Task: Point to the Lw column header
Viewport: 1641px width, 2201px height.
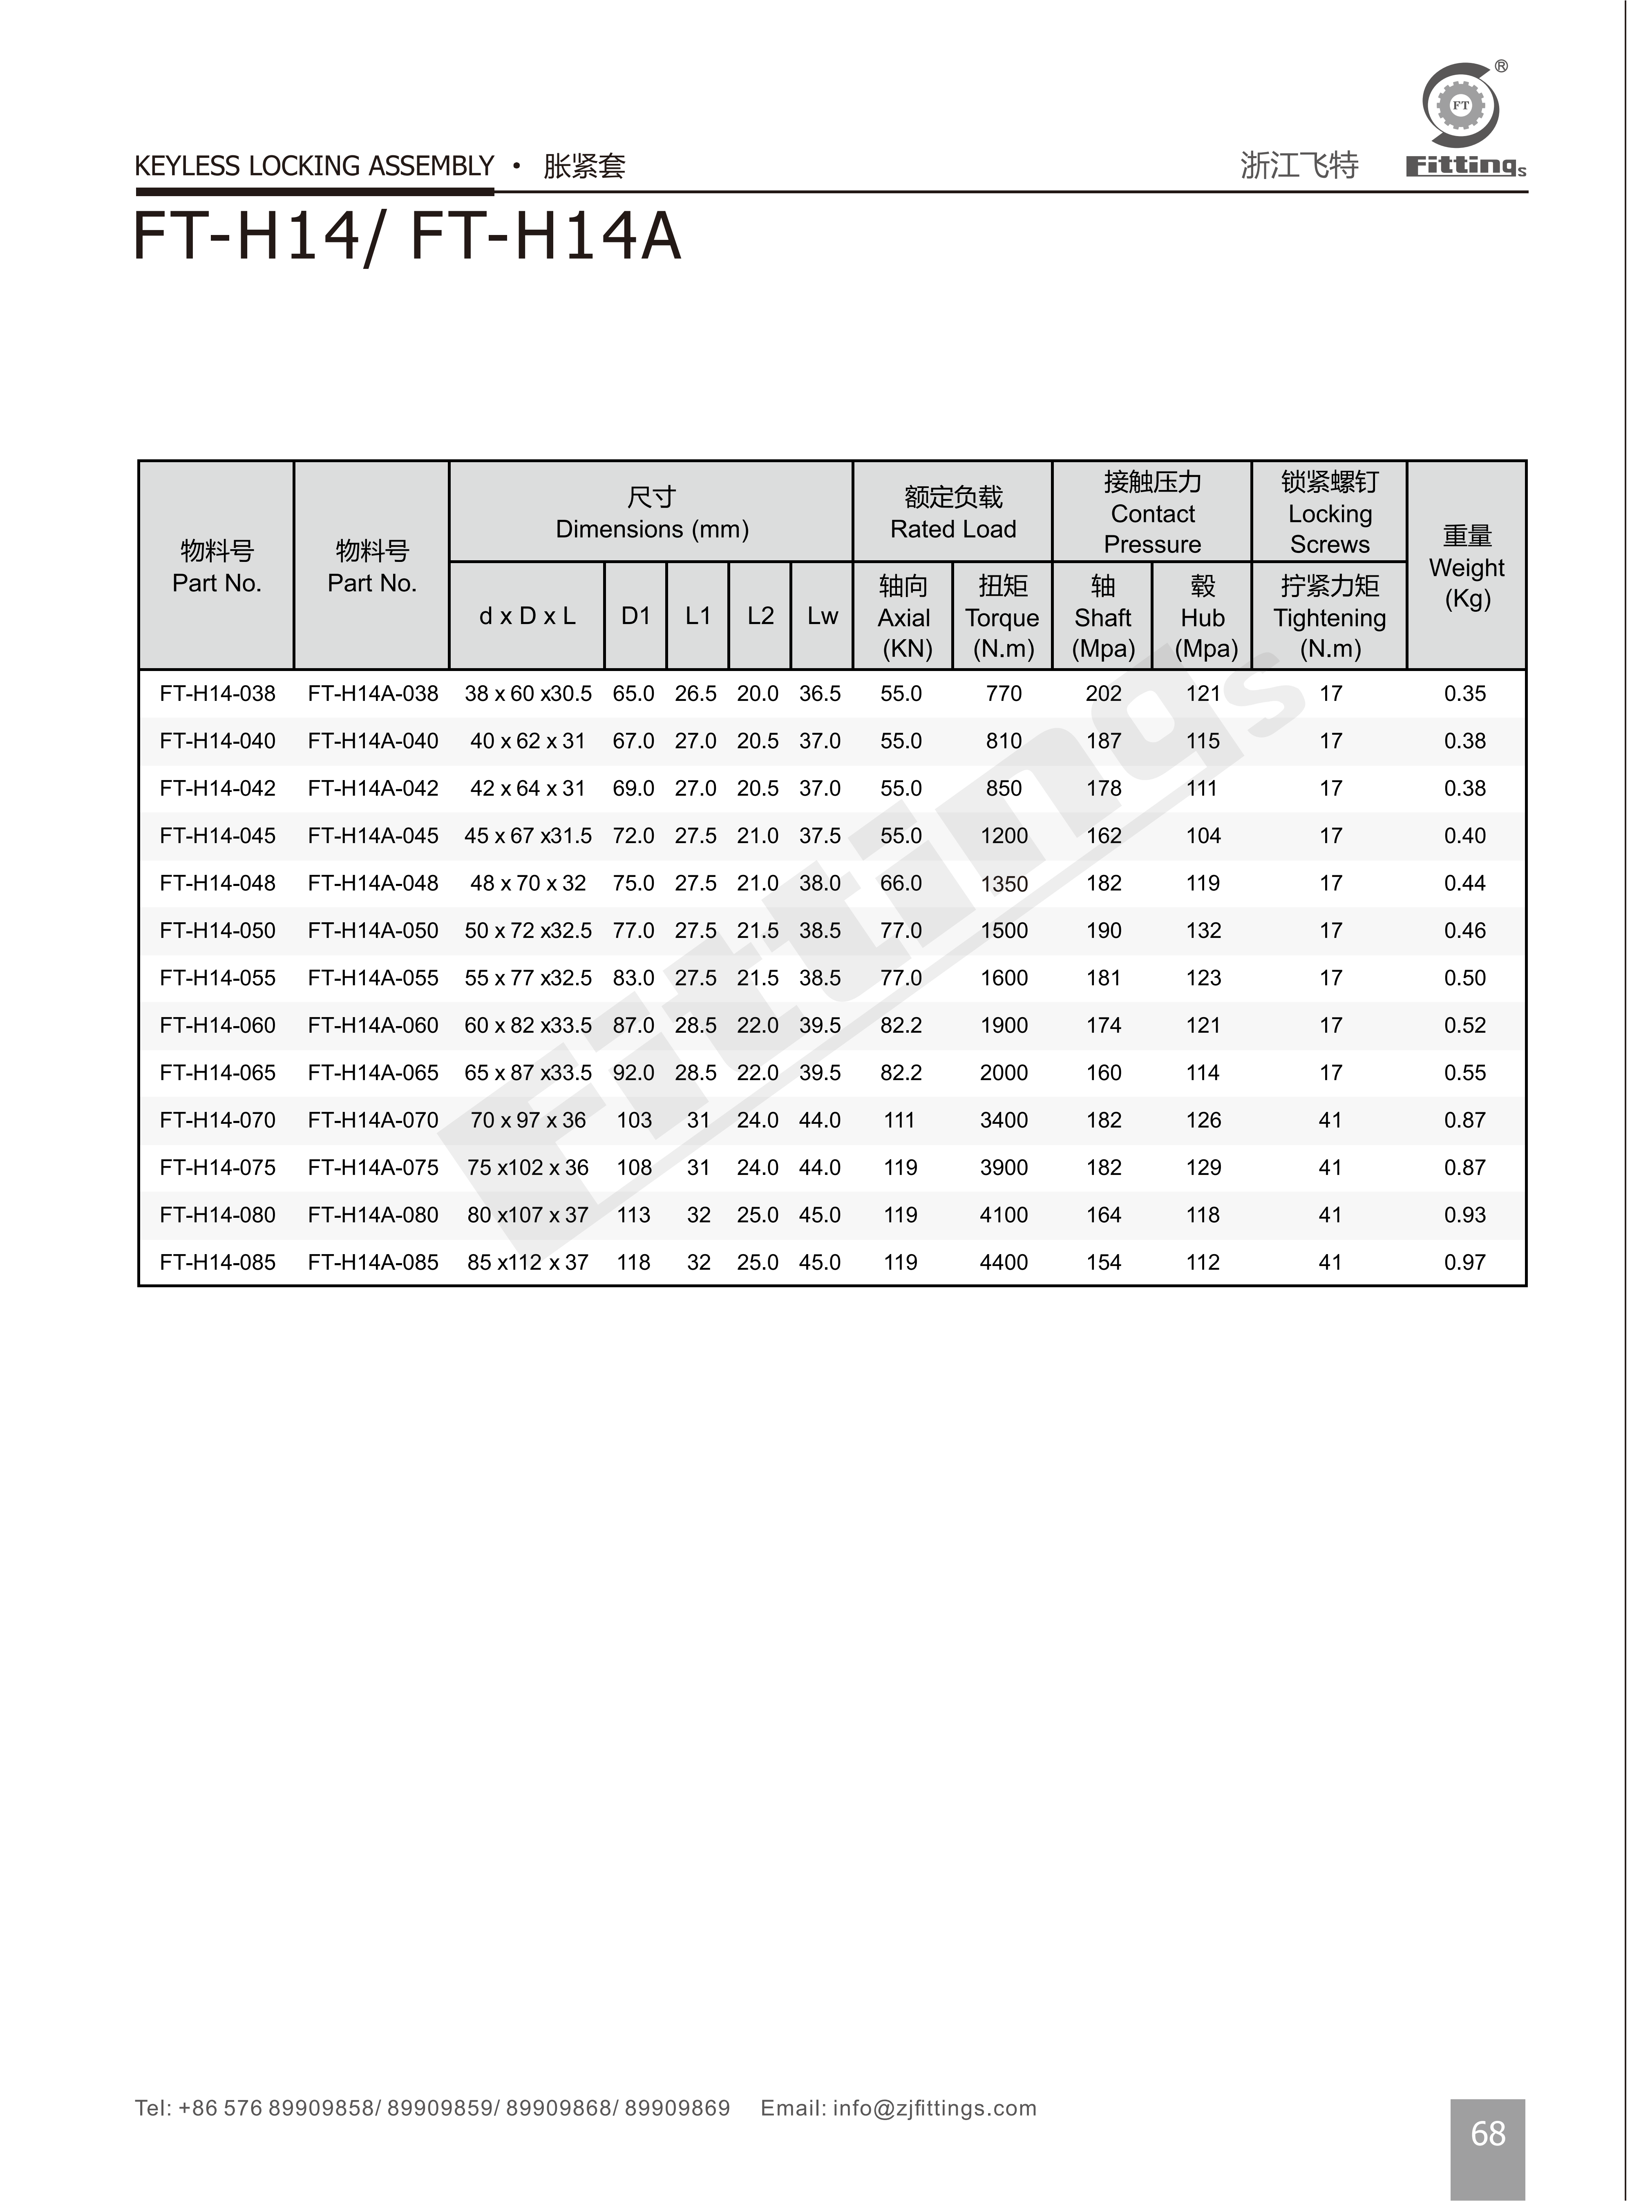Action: [x=823, y=616]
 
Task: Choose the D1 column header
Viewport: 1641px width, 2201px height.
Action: [x=636, y=616]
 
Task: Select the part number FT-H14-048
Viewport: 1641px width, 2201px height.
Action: [x=217, y=883]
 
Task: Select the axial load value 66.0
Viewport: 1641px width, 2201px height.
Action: [x=901, y=883]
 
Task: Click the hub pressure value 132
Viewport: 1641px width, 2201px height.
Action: [x=1203, y=931]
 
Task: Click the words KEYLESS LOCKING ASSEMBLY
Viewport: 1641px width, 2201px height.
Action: [x=314, y=166]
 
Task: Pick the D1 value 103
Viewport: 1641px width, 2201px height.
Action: [x=634, y=1121]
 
